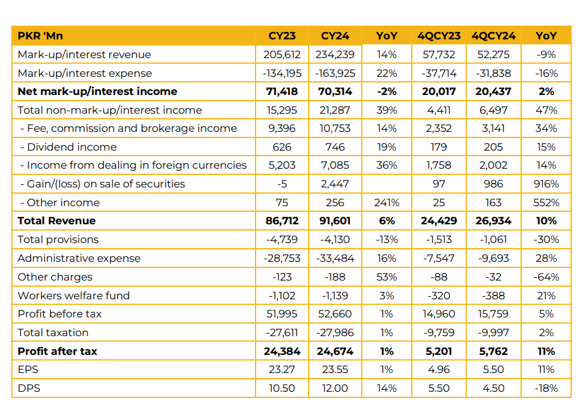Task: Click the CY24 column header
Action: (334, 36)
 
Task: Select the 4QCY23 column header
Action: (439, 36)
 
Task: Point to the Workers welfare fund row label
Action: (74, 296)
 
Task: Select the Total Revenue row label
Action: (57, 221)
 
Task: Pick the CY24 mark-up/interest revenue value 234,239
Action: (334, 54)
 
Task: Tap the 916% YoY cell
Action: (546, 184)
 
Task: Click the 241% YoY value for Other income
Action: (387, 202)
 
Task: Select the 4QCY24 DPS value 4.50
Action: (493, 388)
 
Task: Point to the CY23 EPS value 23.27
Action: (282, 369)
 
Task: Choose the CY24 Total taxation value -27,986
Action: (334, 332)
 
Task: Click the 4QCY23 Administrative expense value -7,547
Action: (439, 258)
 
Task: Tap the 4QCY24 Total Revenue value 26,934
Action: (493, 221)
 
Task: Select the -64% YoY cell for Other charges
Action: (546, 277)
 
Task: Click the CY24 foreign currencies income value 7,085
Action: (334, 166)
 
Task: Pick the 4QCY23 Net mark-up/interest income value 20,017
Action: (439, 91)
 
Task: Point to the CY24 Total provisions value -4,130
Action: (334, 239)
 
